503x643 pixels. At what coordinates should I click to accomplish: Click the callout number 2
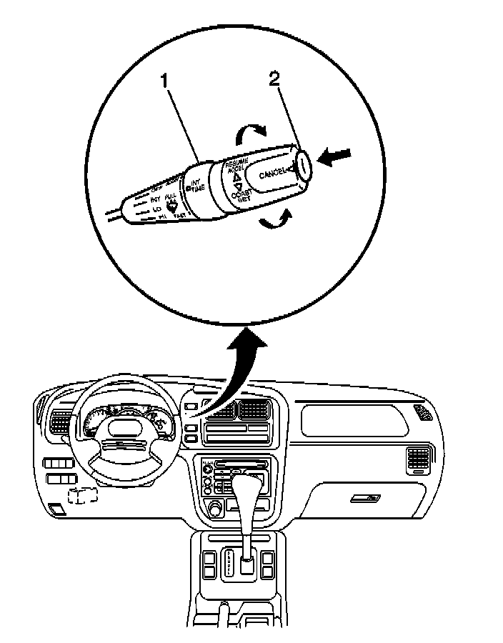(x=275, y=79)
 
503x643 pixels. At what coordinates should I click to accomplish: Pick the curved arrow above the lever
(x=251, y=132)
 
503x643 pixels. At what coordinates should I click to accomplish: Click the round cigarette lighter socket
(x=213, y=508)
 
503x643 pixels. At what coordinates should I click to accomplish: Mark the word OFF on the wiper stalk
(x=158, y=187)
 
